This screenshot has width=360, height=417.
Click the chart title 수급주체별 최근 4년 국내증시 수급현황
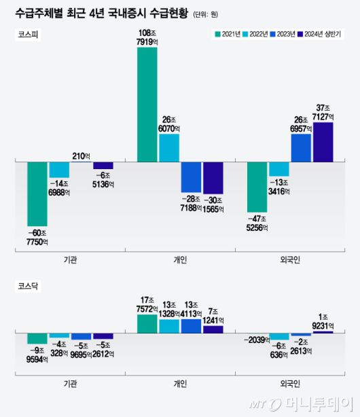pos(101,12)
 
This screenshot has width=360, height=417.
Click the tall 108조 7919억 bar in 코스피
pos(147,105)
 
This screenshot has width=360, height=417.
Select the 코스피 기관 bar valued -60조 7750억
pos(37,194)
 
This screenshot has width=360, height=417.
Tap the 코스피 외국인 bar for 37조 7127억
pos(323,142)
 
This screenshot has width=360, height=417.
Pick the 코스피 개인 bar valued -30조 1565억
pos(213,178)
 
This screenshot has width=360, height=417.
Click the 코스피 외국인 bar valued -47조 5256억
pos(257,187)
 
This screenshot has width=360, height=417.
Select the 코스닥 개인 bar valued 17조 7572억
pos(147,324)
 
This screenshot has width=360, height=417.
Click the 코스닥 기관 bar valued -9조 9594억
pos(37,338)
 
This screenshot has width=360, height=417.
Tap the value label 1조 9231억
pos(323,321)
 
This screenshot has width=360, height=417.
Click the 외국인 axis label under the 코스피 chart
pos(290,259)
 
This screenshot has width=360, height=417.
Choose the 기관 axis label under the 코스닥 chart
pos(71,384)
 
